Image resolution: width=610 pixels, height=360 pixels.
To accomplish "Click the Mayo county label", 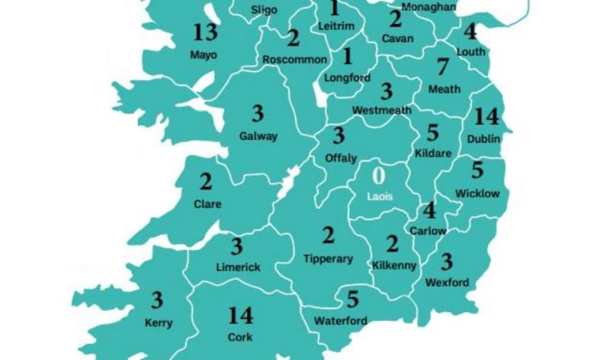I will point(204,55).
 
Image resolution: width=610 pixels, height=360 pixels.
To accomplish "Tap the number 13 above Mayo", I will point(205,34).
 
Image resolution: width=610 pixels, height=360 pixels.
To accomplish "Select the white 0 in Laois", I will point(379,175).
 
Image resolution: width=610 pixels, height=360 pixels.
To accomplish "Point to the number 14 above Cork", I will point(240,315).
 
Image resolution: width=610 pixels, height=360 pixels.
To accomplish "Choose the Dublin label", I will point(483,139).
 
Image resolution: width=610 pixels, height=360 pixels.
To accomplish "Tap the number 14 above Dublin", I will point(486,117).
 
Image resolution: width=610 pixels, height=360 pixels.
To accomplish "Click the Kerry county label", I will point(159,323).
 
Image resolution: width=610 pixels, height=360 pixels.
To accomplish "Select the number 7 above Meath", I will point(442,68).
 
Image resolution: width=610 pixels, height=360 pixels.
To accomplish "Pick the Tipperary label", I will point(328,259).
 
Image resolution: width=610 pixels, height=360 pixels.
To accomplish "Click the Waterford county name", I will point(340,320).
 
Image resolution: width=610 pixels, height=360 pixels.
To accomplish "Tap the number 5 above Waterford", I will point(352,299).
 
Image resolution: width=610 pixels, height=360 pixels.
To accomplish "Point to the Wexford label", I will point(448,283).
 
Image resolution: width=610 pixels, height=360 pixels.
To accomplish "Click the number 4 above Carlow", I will point(429,211).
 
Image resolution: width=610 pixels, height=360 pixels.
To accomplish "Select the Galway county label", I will point(258,137).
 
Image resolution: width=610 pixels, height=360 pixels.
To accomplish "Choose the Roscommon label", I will point(294,59).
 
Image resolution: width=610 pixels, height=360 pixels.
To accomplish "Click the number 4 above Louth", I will point(470,32).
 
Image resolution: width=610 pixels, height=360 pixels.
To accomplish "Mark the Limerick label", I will point(237,267).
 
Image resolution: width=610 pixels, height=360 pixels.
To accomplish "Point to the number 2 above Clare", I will point(206,183).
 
